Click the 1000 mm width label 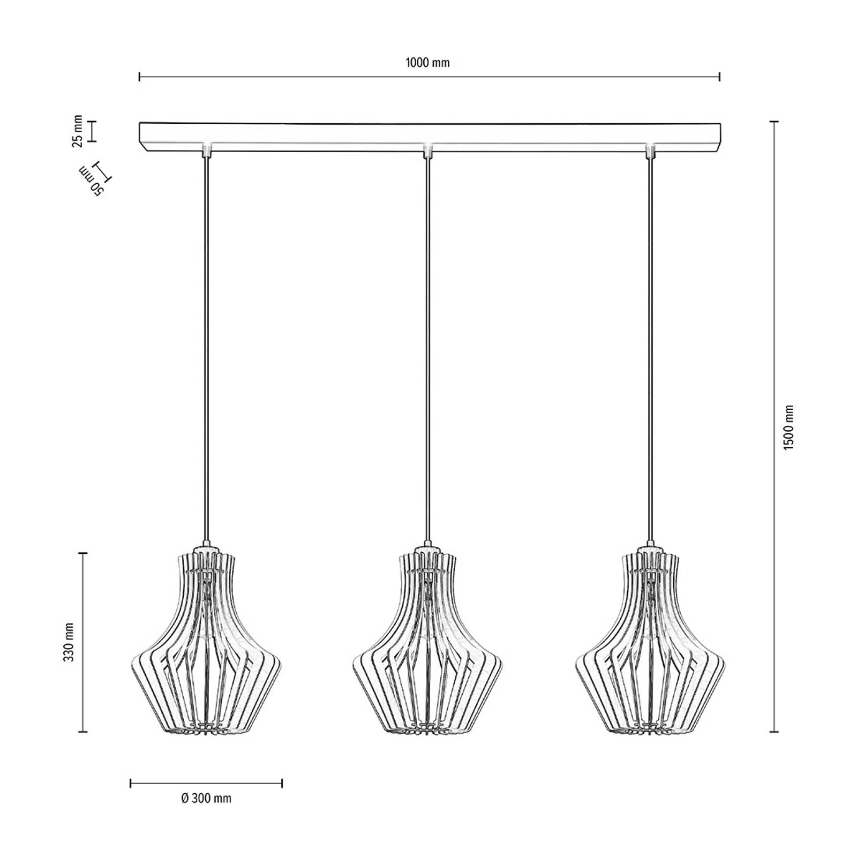(x=427, y=63)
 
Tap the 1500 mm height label (x=788, y=427)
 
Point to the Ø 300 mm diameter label (x=206, y=799)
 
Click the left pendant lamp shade (x=206, y=638)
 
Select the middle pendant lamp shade (x=428, y=638)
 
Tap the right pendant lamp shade (x=650, y=638)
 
